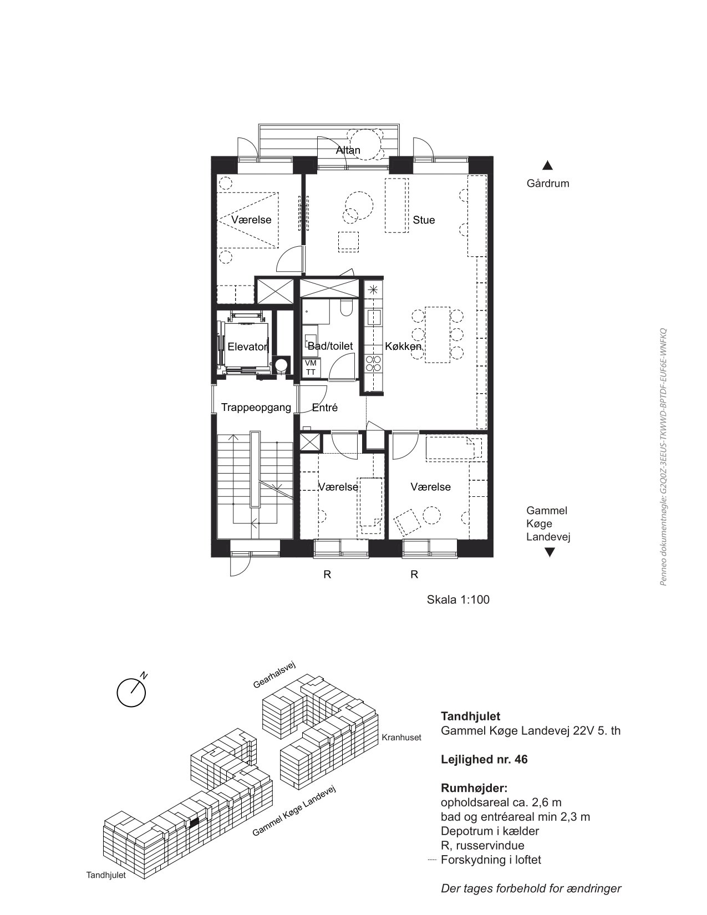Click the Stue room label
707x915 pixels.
[424, 220]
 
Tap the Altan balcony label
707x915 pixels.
[348, 150]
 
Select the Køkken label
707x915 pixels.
[403, 346]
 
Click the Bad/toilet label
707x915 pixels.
[330, 345]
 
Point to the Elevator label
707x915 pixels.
[248, 347]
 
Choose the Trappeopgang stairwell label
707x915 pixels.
[256, 408]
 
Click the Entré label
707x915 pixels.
[324, 408]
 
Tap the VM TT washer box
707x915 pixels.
[311, 368]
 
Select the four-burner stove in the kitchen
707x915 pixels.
[374, 363]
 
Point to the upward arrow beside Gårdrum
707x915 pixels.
[547, 165]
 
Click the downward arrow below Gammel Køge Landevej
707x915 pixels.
[549, 552]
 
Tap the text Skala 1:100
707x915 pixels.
[458, 599]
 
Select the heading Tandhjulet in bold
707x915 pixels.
[470, 716]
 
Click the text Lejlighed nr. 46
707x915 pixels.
[484, 759]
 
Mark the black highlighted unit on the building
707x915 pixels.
[194, 821]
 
